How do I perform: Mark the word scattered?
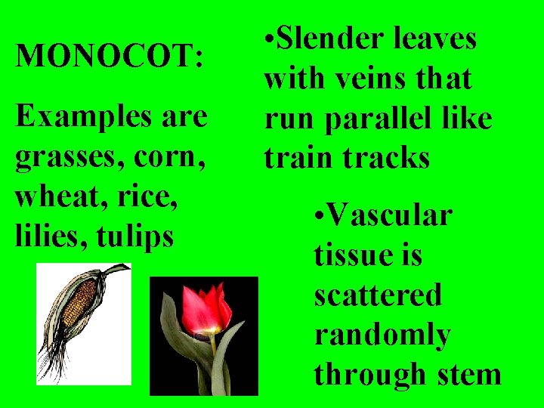[378, 295]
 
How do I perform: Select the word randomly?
[382, 334]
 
